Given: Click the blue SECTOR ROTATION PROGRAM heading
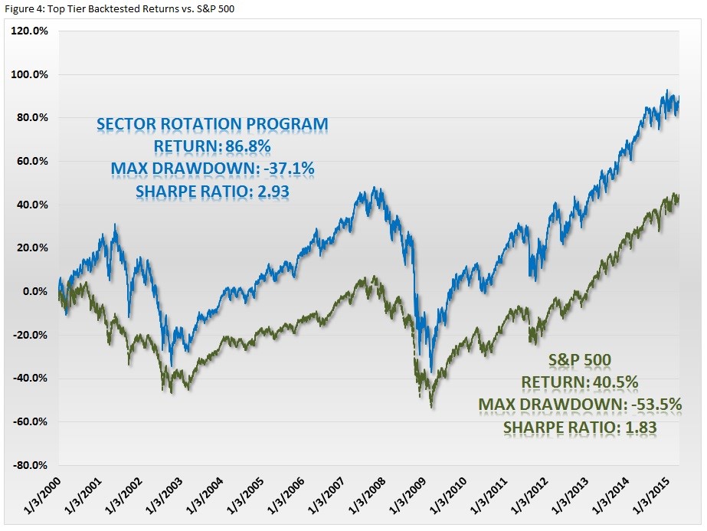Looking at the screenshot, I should [x=212, y=123].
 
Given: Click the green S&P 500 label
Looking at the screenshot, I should [x=580, y=359].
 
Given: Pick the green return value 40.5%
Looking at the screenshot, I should [x=613, y=382].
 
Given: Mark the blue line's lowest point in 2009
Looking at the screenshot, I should [x=432, y=372].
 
